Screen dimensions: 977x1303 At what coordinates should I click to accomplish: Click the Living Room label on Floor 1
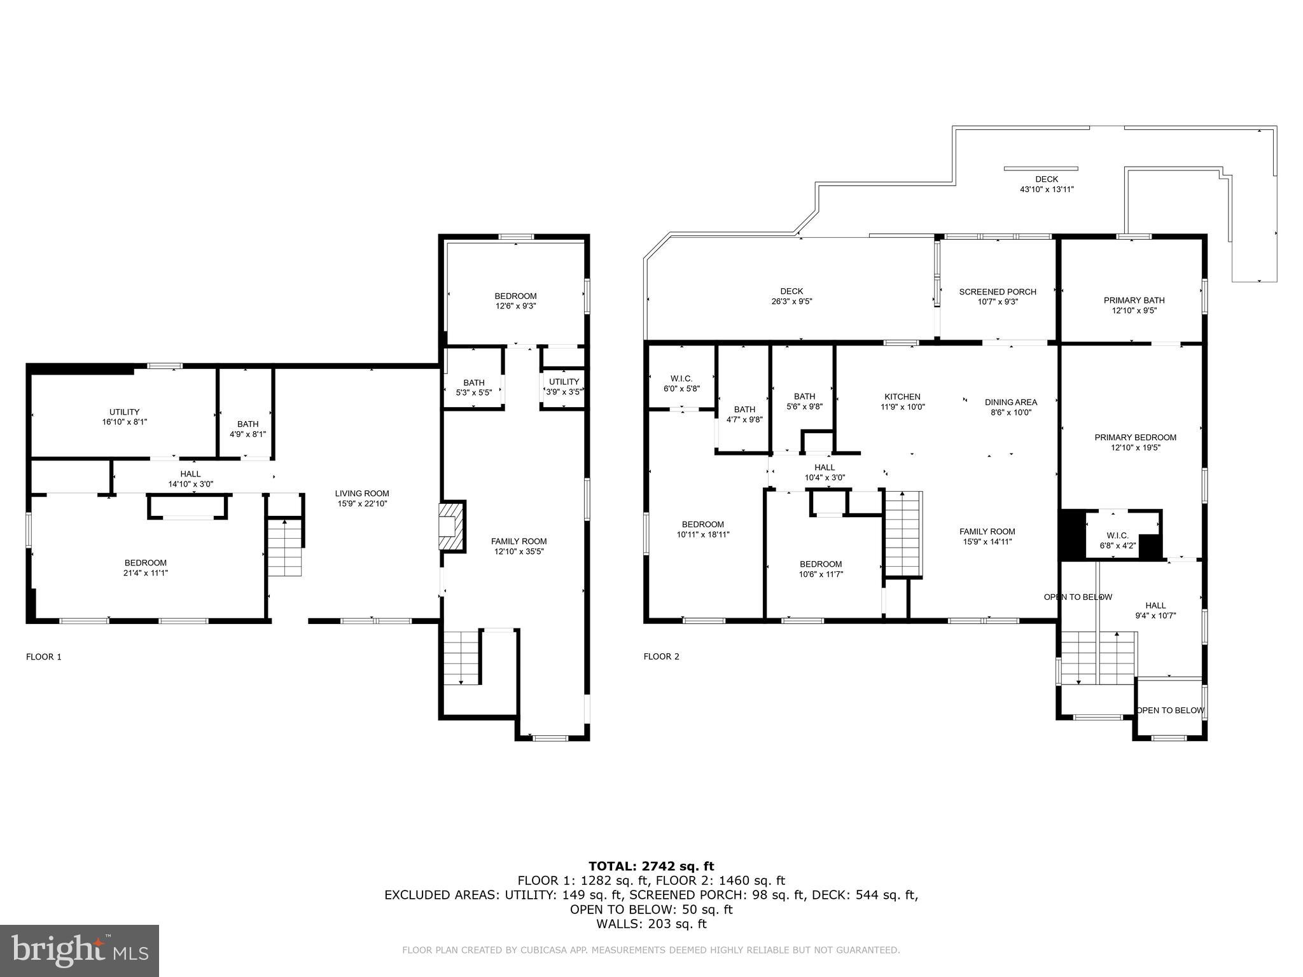[362, 494]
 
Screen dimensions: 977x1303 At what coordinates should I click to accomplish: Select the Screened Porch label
[998, 292]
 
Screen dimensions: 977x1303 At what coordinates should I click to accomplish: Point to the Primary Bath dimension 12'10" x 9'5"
[1134, 311]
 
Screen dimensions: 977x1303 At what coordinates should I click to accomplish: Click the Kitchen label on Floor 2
[902, 397]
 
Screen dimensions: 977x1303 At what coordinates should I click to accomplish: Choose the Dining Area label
[1010, 402]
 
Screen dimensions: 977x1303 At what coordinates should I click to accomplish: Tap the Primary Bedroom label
[1135, 438]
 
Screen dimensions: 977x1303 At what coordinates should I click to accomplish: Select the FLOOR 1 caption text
[44, 657]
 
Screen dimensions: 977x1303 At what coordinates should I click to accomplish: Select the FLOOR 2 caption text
[661, 656]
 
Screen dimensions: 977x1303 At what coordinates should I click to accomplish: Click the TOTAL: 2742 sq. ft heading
[651, 866]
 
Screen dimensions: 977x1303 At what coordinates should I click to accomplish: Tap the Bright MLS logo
[80, 950]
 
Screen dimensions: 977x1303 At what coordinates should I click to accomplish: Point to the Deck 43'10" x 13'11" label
[1047, 184]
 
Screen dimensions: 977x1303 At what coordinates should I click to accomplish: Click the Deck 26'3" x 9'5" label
[791, 296]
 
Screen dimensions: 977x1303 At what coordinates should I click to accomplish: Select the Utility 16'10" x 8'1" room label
[124, 417]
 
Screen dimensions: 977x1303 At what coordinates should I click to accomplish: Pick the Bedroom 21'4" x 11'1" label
[146, 567]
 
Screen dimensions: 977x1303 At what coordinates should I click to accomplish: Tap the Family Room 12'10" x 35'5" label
[519, 546]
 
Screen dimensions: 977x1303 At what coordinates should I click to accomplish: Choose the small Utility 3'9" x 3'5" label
[564, 387]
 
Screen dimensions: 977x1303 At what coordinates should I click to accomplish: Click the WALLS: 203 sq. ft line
[651, 924]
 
